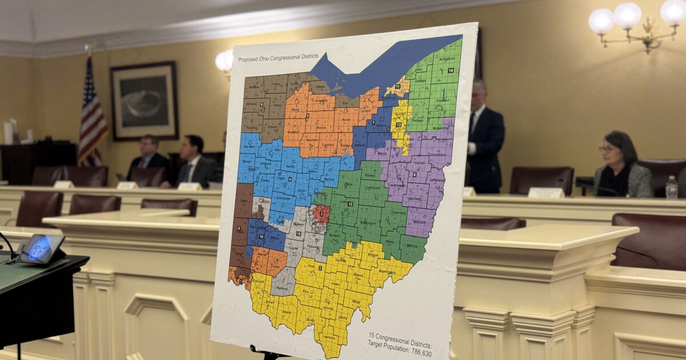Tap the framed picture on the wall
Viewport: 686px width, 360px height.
pyautogui.click(x=143, y=101)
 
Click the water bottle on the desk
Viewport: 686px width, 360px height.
pyautogui.click(x=671, y=187)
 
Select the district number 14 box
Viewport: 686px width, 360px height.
pyautogui.click(x=450, y=70)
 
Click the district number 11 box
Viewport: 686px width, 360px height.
pyautogui.click(x=397, y=86)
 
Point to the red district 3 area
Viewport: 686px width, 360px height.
pyautogui.click(x=321, y=214)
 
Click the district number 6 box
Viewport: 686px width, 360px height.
pyautogui.click(x=414, y=174)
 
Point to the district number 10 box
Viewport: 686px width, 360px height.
pyautogui.click(x=261, y=237)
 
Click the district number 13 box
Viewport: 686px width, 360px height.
pyautogui.click(x=398, y=125)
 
